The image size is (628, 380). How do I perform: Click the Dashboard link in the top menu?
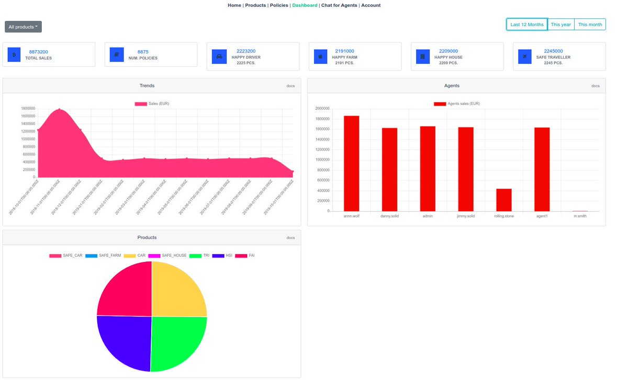point(305,5)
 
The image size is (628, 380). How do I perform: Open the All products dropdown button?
point(23,27)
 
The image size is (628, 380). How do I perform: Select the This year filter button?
point(560,25)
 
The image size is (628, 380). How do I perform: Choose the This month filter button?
point(590,25)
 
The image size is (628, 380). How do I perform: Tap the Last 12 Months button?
point(526,25)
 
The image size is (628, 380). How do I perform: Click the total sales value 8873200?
point(38,52)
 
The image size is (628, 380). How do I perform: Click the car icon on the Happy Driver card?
point(219,56)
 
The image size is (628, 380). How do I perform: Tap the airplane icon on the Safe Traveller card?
point(525,56)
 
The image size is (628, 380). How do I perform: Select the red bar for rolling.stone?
point(503,200)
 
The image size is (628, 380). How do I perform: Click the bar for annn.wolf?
point(351,163)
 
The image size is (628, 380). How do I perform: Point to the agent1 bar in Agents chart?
point(542,169)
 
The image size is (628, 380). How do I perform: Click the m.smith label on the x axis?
point(580,216)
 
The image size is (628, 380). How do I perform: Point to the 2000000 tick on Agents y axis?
point(322,109)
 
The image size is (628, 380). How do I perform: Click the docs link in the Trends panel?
point(290,86)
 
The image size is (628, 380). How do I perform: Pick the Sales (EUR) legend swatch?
point(141,104)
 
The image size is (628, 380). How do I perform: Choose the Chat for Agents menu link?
point(339,5)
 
